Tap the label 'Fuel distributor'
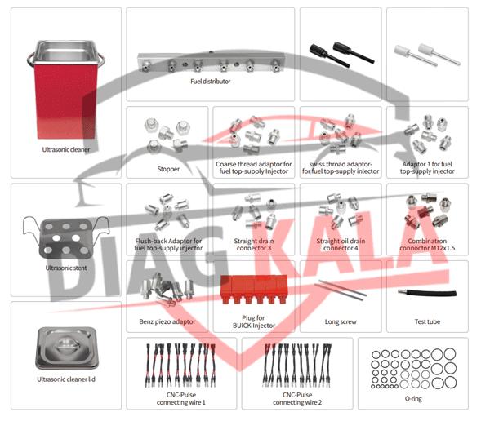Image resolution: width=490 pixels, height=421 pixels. (x=212, y=82)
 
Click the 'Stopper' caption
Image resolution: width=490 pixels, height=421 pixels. (x=168, y=170)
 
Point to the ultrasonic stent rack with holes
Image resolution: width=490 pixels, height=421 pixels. (x=65, y=233)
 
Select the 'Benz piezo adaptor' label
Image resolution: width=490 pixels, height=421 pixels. (x=168, y=321)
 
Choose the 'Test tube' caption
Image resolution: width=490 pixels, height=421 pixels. (x=428, y=321)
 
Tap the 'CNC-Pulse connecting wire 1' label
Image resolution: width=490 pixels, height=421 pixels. (x=181, y=397)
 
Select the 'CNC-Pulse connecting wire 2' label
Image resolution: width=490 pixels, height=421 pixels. (x=297, y=397)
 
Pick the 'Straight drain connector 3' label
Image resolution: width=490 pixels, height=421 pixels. (x=255, y=246)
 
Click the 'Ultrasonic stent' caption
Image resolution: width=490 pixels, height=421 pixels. (x=65, y=267)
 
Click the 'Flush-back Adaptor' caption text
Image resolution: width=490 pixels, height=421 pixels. (x=170, y=242)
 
